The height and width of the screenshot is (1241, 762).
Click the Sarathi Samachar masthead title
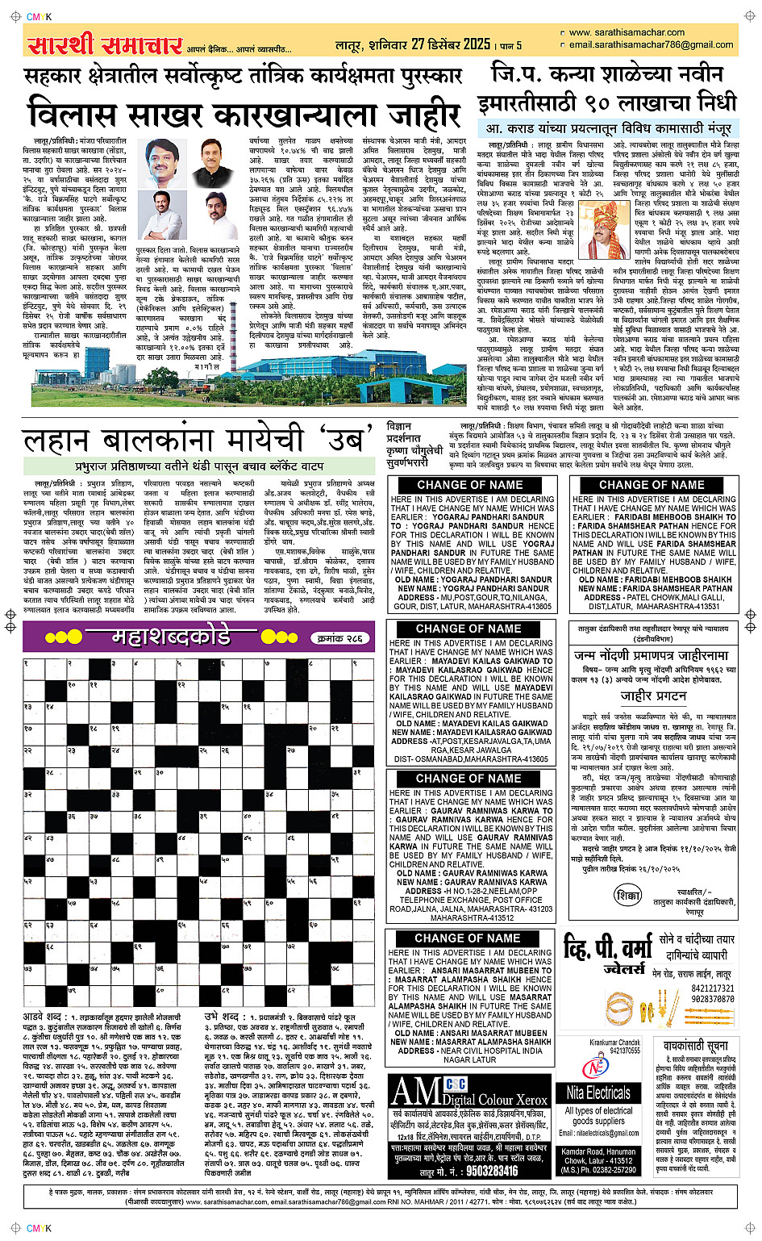pos(105,44)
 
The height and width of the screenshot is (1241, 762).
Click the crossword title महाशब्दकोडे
pos(171,637)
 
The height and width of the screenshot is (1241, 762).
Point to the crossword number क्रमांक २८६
pos(340,638)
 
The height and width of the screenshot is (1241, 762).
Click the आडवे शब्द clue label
pos(44,1017)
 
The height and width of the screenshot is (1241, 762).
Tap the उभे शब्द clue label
pos(222,1017)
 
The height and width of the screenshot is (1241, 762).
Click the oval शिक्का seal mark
pos(627,896)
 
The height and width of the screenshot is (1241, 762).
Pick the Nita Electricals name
pos(598,1093)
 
